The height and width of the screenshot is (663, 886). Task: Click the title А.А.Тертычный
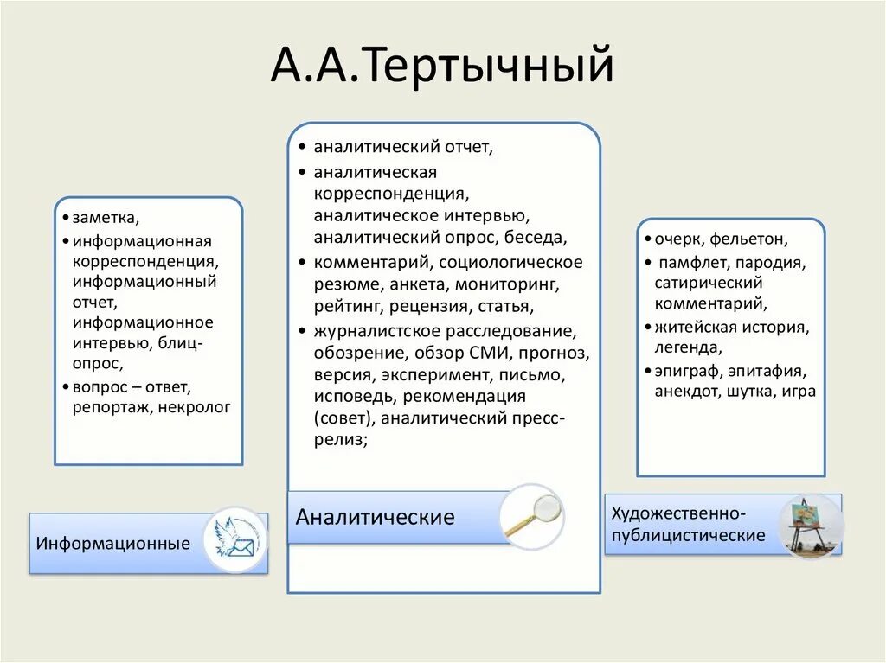point(442,67)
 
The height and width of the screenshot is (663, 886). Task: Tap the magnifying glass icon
point(531,516)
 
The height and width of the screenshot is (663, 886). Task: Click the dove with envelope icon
point(235,540)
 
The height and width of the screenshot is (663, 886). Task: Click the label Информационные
point(113,544)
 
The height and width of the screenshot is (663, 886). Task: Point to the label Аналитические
point(375,517)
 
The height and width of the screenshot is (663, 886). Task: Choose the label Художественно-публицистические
point(688,524)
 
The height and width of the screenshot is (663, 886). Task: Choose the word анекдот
point(689,391)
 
